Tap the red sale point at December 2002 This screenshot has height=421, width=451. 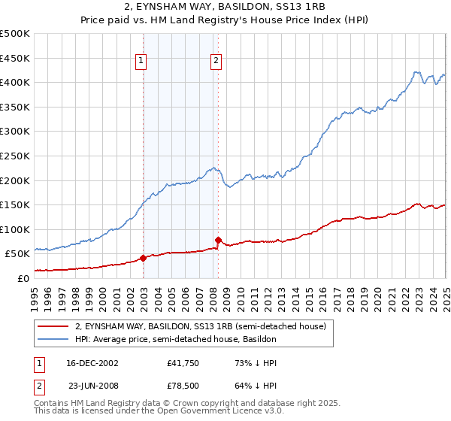143,258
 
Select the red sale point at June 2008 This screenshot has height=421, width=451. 218,240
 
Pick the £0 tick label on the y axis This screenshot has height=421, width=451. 23,278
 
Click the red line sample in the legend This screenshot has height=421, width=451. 53,327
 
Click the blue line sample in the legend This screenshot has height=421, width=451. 53,340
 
